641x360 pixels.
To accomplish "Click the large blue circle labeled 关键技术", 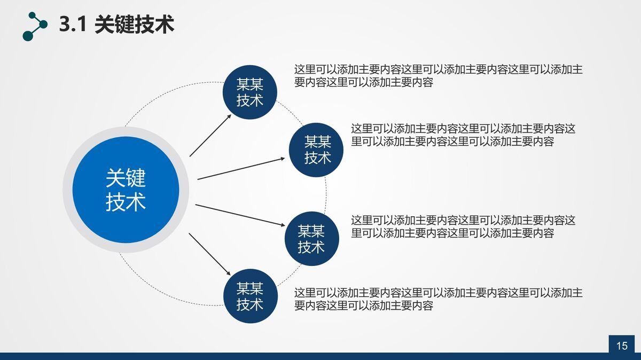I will tap(126, 190).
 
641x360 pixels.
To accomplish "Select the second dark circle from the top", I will tap(317, 150).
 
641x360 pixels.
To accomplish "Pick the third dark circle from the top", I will tap(311, 239).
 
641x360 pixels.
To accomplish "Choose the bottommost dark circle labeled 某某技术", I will tap(250, 297).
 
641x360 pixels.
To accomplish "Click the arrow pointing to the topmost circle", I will tap(210, 135).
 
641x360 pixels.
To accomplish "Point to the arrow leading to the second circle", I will tap(241, 168).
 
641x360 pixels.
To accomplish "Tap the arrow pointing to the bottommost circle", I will tap(211, 254).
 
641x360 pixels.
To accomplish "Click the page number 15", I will tap(622, 346).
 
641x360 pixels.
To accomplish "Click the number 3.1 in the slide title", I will tap(73, 25).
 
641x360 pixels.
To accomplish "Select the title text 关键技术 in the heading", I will tap(134, 25).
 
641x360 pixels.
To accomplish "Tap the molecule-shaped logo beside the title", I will tap(35, 26).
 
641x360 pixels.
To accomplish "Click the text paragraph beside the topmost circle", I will tap(438, 76).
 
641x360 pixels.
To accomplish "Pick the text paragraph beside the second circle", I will tap(463, 135).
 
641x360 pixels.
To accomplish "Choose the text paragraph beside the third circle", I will tap(463, 226).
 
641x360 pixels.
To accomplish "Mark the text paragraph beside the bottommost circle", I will tap(438, 299).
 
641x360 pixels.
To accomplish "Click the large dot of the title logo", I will tap(28, 35).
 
